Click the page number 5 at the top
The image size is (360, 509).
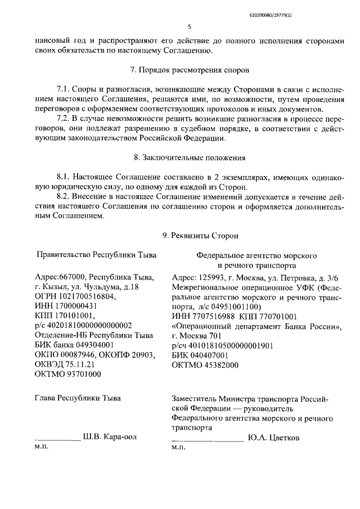190,26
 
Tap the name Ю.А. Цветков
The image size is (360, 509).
273,437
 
